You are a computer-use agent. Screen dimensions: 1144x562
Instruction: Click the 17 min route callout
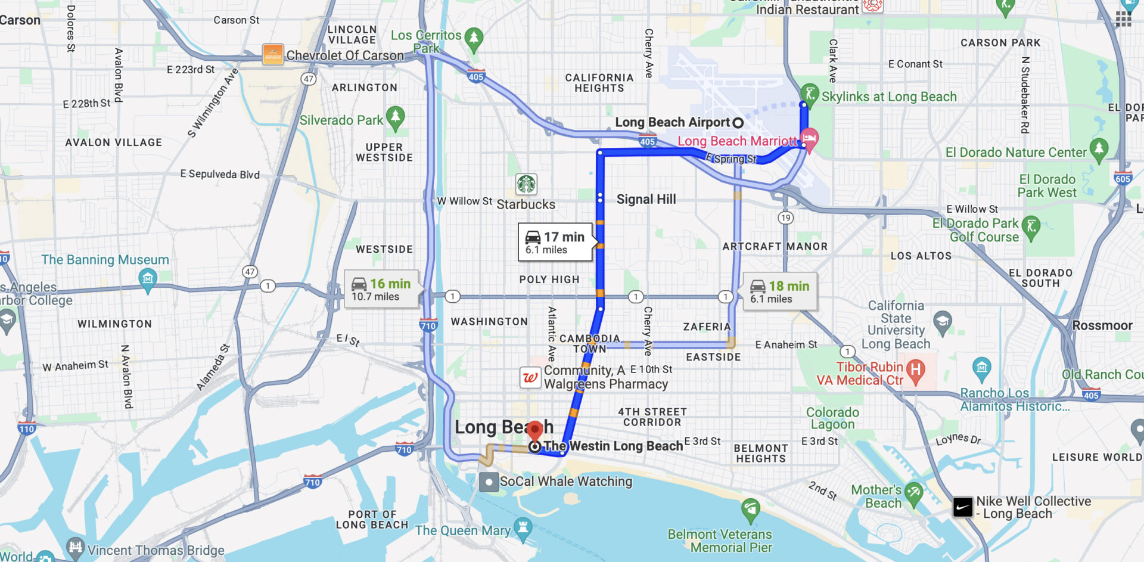coord(555,242)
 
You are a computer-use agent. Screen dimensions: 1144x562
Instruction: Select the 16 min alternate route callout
coord(381,290)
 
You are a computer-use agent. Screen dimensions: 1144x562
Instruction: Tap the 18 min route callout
coord(780,291)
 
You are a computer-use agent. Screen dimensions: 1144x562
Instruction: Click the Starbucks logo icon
coord(526,184)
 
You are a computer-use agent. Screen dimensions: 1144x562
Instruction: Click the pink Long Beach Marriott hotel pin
coord(809,139)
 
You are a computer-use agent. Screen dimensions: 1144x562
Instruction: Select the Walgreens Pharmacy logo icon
coord(530,377)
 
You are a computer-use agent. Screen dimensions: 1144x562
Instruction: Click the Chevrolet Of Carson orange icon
coord(273,54)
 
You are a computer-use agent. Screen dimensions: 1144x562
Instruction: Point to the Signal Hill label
coord(646,199)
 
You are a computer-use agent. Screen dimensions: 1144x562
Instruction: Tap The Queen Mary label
coord(463,530)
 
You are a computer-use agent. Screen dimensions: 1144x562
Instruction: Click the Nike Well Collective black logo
coord(962,507)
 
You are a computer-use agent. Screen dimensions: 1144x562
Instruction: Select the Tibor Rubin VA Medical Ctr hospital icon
coord(916,370)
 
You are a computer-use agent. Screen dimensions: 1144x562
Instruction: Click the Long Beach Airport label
coord(672,122)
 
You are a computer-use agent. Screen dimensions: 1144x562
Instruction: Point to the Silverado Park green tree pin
coord(395,117)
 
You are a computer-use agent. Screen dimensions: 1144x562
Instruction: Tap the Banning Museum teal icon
coord(148,278)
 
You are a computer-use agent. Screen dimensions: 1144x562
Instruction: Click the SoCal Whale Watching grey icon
coord(489,482)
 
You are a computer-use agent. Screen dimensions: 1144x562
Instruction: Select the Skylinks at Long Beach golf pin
coord(809,93)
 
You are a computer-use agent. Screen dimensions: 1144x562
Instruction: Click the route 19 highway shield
coord(786,218)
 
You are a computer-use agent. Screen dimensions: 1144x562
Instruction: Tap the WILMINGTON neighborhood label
coord(114,324)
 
